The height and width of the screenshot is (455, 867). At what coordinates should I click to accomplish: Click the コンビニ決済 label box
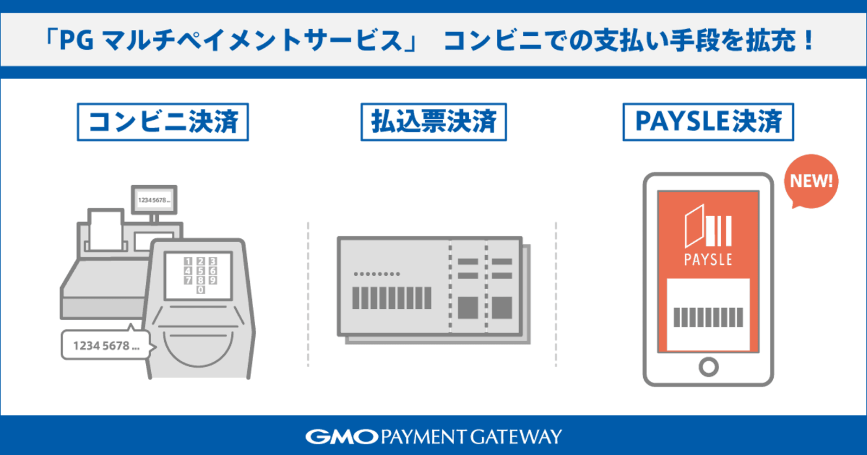[163, 122]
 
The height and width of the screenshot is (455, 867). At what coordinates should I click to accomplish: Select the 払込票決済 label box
[433, 122]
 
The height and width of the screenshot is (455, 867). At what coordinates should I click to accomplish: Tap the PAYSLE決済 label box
[708, 122]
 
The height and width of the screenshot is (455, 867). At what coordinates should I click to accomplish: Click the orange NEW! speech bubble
[811, 181]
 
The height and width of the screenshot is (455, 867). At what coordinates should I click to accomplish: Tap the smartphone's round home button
[709, 367]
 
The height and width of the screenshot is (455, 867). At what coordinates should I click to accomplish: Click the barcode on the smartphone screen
[708, 317]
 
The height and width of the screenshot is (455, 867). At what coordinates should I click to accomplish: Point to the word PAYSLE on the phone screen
[708, 259]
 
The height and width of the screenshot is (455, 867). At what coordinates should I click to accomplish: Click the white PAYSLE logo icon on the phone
[708, 226]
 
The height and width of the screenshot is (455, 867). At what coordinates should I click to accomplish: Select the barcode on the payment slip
[392, 298]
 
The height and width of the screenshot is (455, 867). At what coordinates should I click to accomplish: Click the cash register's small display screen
[154, 200]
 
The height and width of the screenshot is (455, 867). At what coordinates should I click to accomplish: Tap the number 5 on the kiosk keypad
[200, 271]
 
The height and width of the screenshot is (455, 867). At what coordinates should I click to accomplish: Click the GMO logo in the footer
[341, 437]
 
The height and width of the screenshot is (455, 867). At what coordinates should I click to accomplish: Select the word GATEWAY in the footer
[516, 437]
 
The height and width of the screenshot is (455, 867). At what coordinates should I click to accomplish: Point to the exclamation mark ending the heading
[808, 40]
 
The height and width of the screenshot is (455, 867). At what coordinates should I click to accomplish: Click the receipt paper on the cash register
[106, 230]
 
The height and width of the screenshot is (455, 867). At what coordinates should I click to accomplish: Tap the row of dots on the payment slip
[377, 274]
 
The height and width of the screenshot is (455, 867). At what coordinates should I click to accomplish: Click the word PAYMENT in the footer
[425, 437]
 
